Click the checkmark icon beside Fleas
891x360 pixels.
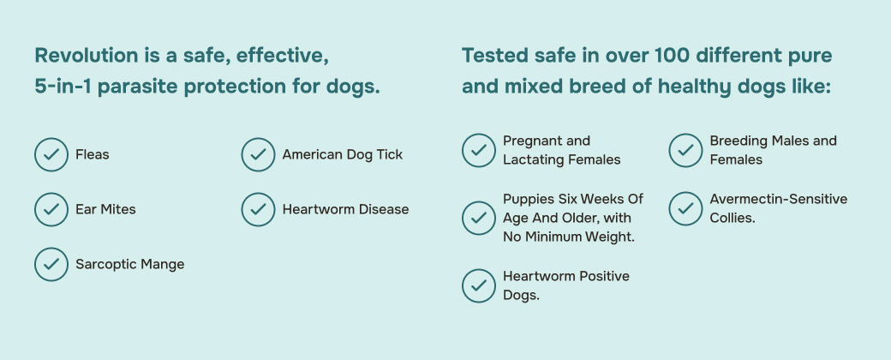51,154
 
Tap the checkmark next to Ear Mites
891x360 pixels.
51,209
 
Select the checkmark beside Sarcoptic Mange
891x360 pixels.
51,264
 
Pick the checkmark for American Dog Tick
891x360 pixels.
258,154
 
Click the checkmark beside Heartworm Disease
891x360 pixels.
258,209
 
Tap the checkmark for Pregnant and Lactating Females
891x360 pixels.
478,150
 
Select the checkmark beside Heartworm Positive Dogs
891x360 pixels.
478,285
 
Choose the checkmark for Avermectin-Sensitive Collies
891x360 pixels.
685,208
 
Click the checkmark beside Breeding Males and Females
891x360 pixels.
685,150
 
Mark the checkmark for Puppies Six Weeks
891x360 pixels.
478,218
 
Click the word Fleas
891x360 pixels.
92,154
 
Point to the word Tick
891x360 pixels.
389,154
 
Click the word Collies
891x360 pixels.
733,218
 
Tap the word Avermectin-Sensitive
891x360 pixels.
779,199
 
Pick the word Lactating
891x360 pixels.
530,159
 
